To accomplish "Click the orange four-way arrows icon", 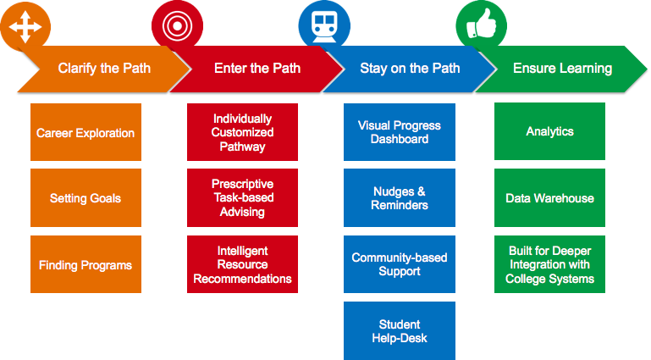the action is coord(25,27).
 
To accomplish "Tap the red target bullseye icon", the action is coord(177,25).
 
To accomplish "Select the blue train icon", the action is coord(324,26).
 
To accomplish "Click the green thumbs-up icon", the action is coord(482,24).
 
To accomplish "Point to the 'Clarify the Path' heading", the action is coord(104,68).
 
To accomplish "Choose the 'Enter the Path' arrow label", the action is coord(257,68).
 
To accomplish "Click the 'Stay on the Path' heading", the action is coord(410,68).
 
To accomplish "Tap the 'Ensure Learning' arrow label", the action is coord(563,68).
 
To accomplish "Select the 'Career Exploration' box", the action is coord(86,132).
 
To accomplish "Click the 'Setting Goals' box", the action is coord(86,197).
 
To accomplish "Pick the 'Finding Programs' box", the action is coord(86,264).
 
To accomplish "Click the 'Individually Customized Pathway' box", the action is coord(242,132).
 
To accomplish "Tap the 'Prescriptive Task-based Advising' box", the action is coord(242,197).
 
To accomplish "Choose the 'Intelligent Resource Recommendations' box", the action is coord(242,264).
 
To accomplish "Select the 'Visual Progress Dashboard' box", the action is coord(400,132).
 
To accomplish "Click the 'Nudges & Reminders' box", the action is coord(400,197).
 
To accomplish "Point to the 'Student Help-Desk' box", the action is coord(400,331).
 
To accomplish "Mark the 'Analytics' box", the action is coord(549,131).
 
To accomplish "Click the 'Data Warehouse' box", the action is coord(549,197).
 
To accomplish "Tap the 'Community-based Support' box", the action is coord(400,264).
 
